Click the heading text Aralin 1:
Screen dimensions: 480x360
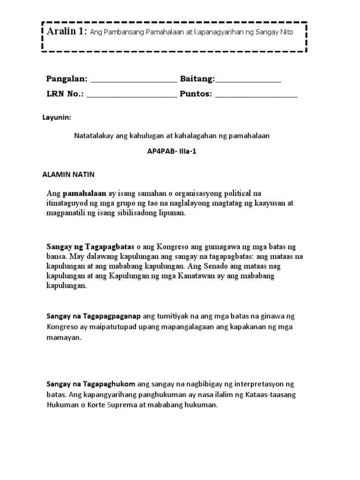pyautogui.click(x=66, y=31)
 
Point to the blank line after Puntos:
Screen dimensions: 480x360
pyautogui.click(x=256, y=96)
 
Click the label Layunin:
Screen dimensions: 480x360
pyautogui.click(x=57, y=118)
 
